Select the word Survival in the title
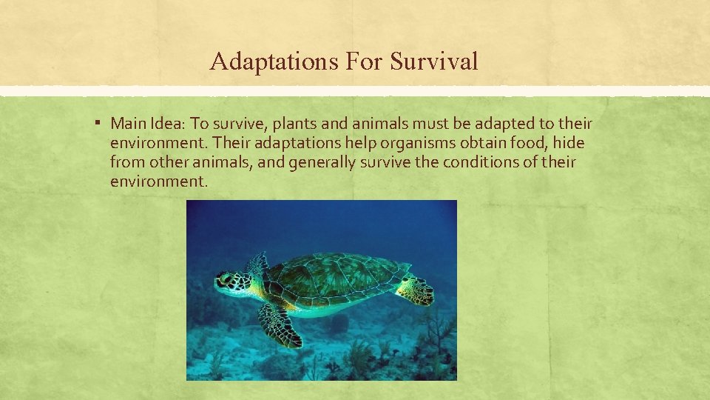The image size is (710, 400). point(434,61)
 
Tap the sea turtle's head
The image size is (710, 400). point(231,283)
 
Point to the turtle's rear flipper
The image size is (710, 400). point(416,290)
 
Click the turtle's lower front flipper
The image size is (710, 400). point(280,324)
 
